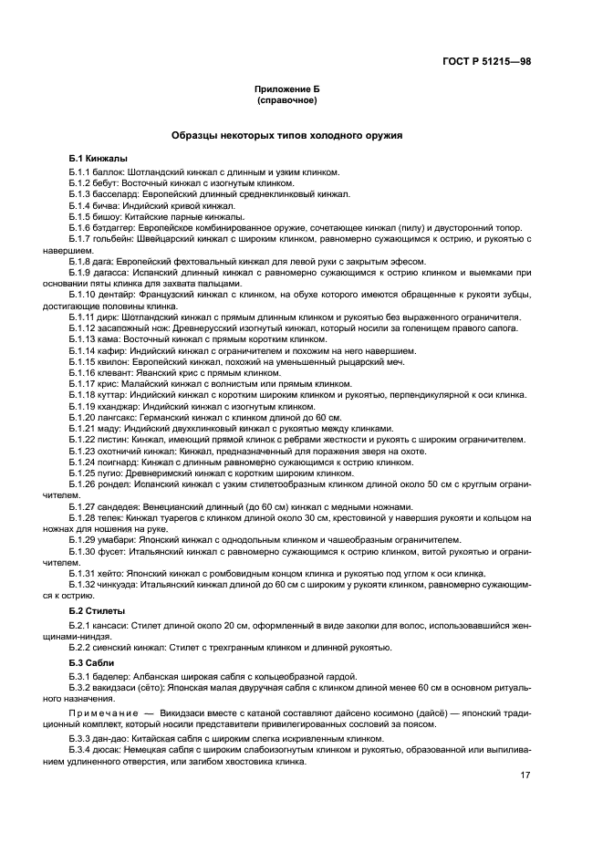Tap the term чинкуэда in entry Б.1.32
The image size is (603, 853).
point(120,583)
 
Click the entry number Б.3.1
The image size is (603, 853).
point(80,674)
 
